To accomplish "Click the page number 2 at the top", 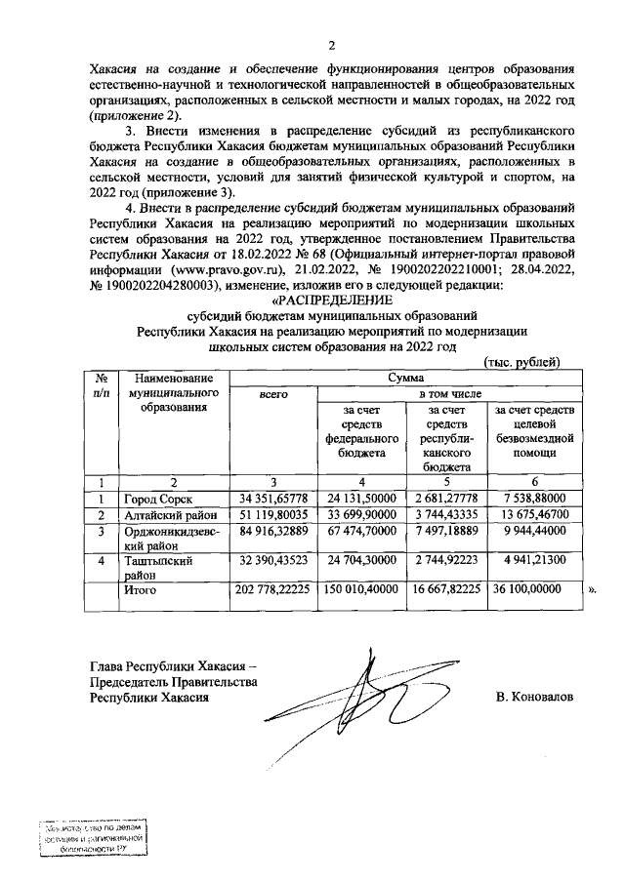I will click(330, 45).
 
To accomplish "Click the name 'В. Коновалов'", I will click(534, 698).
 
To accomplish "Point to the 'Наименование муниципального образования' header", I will click(173, 392).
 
